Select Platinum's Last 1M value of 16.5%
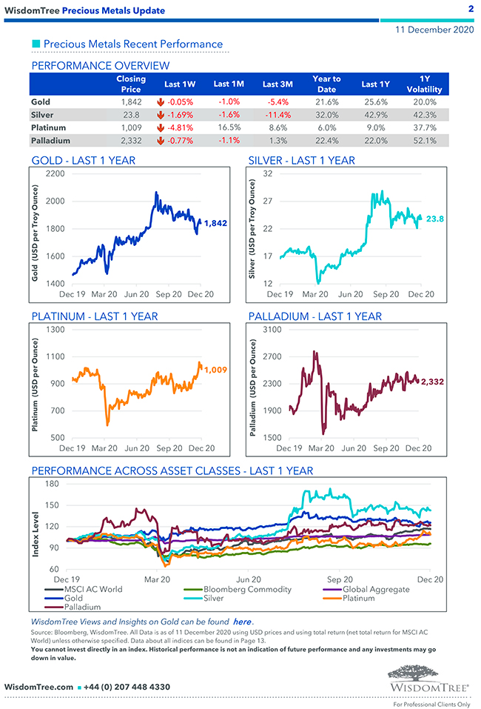coord(229,127)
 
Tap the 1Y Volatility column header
coord(424,84)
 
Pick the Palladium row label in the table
coord(51,140)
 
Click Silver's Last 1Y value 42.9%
coord(375,115)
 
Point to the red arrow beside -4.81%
coord(160,127)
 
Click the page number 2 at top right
coord(471,9)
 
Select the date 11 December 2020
coord(434,30)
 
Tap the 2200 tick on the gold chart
coord(55,173)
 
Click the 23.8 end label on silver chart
coord(435,219)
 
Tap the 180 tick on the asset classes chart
coord(52,484)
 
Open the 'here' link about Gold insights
coord(242,621)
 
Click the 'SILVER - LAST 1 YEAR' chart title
coord(301,160)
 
